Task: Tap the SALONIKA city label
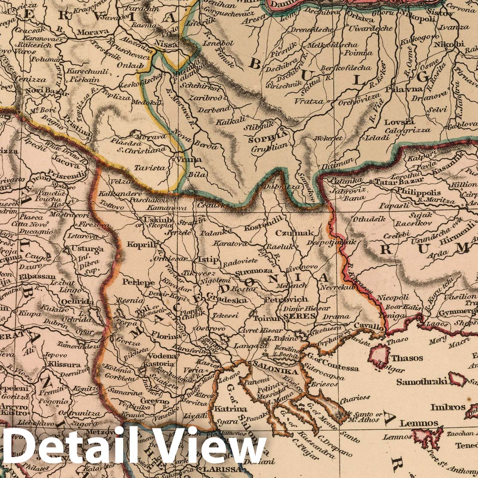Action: click(276, 372)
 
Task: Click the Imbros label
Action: click(444, 407)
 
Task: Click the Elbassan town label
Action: click(33, 277)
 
